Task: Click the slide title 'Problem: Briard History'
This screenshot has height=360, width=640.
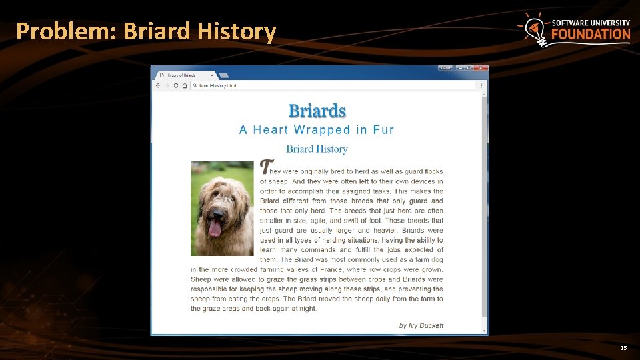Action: (x=145, y=31)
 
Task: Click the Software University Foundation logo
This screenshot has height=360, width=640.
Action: (x=574, y=30)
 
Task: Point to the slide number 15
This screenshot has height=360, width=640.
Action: (x=623, y=348)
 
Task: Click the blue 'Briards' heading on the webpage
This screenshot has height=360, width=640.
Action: (x=317, y=111)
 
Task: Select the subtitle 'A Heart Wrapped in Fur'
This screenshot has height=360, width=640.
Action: (x=317, y=130)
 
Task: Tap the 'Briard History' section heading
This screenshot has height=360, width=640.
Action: (x=317, y=149)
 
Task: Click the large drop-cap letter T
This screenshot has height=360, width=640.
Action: (x=267, y=167)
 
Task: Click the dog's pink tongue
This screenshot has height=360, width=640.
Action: (x=215, y=229)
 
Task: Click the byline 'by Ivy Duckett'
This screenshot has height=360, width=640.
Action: (x=421, y=325)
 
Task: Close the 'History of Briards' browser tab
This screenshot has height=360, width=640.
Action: (x=213, y=76)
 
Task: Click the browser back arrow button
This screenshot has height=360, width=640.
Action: (x=158, y=85)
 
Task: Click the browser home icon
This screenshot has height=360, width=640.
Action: (x=184, y=85)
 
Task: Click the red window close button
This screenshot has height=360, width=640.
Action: (x=482, y=68)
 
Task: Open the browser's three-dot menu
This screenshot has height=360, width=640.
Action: (x=481, y=85)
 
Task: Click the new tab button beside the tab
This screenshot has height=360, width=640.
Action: (x=224, y=76)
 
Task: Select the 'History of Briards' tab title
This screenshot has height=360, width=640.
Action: (x=181, y=76)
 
